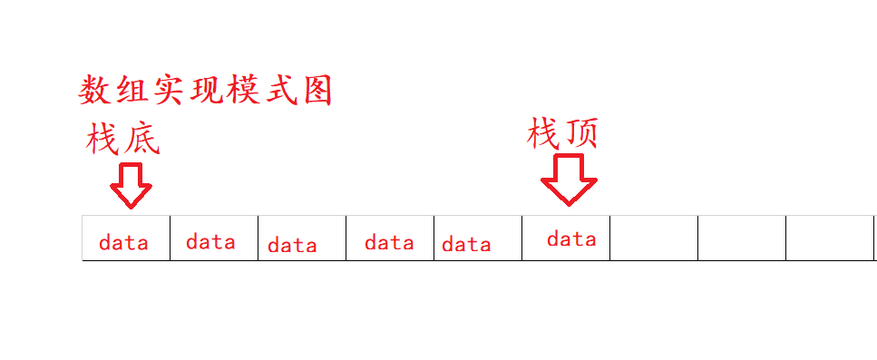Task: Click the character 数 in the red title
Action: coord(95,90)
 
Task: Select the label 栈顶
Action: coord(562,134)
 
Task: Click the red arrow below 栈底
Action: coord(131,185)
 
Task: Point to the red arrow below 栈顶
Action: coord(569,179)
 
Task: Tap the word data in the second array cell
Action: coord(210,241)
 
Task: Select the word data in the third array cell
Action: coord(292,245)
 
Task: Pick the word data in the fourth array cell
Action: coord(389,242)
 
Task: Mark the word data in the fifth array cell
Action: coord(466,244)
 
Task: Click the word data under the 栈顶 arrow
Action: coord(571,239)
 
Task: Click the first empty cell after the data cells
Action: coord(654,238)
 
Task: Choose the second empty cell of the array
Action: coord(742,238)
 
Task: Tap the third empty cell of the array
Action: coord(829,238)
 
